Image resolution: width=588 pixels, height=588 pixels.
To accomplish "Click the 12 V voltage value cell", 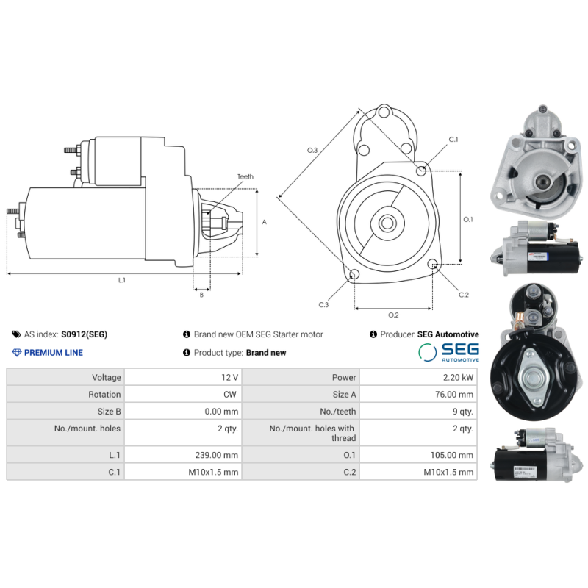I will [x=229, y=377].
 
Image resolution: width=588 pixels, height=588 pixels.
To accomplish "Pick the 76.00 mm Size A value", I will [x=455, y=394].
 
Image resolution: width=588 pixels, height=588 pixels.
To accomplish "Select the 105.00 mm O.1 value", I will [x=453, y=455].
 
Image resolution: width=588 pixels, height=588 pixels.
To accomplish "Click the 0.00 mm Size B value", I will [x=222, y=412].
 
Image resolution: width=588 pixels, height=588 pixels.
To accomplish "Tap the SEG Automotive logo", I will [x=448, y=352].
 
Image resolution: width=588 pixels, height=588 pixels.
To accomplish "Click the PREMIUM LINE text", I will [x=54, y=353].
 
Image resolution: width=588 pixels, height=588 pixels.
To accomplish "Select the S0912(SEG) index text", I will [x=84, y=334].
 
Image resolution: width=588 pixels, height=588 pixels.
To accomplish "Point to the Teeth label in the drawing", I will [x=245, y=177].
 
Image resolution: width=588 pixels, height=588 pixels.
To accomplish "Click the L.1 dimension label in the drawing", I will [x=122, y=280].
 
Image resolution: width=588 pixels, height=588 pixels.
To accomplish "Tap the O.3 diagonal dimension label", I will [x=312, y=151].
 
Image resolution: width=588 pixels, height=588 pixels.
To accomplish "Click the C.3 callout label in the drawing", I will [x=323, y=304].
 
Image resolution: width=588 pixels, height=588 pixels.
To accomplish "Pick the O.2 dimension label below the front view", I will [x=393, y=315].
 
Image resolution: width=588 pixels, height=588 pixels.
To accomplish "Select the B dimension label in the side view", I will [x=201, y=295].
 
